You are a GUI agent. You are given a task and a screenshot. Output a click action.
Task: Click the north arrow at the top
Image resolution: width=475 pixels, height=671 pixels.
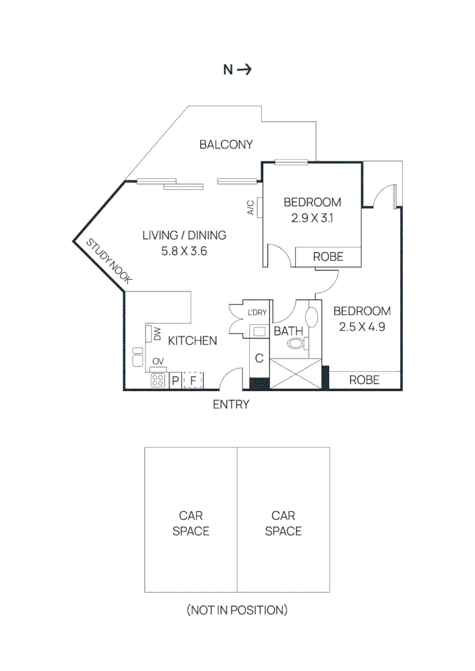pos(244,70)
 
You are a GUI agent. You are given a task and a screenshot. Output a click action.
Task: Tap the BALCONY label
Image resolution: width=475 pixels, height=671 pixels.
pos(226,145)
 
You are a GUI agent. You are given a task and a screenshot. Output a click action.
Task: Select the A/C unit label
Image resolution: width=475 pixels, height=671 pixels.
pos(251,208)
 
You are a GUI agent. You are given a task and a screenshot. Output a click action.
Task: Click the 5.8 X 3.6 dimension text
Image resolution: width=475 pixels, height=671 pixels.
pos(184,252)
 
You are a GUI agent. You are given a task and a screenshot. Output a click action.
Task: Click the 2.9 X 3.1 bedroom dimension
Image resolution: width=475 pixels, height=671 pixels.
pos(312,218)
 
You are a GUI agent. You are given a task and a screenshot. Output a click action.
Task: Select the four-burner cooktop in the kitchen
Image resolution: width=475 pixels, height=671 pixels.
pos(158,380)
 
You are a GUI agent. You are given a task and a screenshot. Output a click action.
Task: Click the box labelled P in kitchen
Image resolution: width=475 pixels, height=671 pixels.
pos(175,380)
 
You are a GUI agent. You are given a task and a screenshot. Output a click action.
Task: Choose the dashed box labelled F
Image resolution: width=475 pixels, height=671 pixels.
pos(193,380)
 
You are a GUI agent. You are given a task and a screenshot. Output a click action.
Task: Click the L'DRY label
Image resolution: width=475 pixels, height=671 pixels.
pos(257,313)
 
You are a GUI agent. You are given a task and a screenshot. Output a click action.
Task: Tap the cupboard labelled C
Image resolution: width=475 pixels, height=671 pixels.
pos(259,359)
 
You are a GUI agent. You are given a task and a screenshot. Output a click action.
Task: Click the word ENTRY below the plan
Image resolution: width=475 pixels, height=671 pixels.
pos(231,404)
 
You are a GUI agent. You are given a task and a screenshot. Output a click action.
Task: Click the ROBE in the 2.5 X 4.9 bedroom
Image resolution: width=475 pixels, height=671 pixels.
pos(364,380)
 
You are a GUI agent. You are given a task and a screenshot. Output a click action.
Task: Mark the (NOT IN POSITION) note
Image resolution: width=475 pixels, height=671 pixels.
pos(237,610)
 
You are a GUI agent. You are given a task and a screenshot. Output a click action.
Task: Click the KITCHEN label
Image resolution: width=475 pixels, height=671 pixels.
pos(193,340)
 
